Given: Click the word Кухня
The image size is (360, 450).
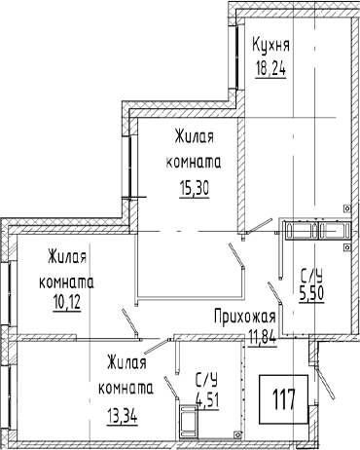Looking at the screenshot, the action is (x=270, y=45).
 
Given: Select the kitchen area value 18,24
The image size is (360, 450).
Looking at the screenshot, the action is (x=270, y=68).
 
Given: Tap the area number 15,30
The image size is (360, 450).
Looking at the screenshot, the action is (x=194, y=187).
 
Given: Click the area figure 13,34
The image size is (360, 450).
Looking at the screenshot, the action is (x=123, y=415).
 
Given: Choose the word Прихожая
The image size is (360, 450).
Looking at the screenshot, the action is (x=245, y=317).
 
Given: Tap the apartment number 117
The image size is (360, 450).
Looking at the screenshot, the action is (x=283, y=399).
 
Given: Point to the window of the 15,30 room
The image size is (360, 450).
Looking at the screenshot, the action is (x=129, y=167).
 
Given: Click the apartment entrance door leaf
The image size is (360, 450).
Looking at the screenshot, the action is (x=325, y=382).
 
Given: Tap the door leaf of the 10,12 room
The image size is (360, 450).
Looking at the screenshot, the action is (x=130, y=324).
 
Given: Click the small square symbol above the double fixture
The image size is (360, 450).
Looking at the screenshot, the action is (x=347, y=208).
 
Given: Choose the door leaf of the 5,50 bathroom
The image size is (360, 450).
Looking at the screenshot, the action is (x=275, y=294).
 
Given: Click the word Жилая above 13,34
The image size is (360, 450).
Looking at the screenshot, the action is (x=126, y=362).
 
